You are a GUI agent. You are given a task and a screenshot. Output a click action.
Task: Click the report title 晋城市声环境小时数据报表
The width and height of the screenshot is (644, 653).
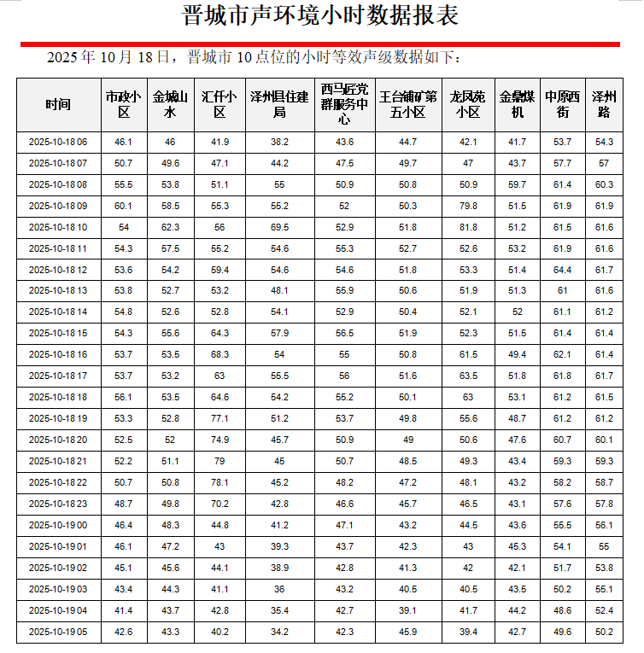click(x=321, y=16)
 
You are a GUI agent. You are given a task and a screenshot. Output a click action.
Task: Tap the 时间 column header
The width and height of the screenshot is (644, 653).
click(x=59, y=104)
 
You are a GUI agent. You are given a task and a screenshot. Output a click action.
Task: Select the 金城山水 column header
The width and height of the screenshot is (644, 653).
click(x=170, y=104)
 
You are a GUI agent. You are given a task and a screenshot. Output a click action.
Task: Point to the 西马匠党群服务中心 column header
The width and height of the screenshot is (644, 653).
click(x=344, y=104)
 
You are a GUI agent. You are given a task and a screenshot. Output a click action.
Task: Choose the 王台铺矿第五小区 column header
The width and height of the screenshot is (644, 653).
click(x=408, y=104)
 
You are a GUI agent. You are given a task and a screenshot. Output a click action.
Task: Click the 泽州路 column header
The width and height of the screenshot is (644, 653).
click(x=604, y=104)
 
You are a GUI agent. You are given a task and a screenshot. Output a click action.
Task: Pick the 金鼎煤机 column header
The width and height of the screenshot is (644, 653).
click(x=517, y=104)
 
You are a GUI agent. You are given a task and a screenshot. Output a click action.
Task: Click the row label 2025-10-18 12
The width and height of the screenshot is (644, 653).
click(x=59, y=270)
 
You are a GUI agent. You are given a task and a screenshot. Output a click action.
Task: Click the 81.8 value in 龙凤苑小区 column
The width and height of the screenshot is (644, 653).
click(x=468, y=227)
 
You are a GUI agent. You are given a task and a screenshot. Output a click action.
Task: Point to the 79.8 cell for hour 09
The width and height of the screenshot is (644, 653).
click(x=468, y=206)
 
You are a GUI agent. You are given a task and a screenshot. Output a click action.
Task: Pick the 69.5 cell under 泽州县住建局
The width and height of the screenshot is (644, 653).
click(x=279, y=227)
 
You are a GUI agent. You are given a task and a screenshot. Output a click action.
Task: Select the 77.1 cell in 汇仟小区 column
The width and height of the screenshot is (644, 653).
click(x=220, y=419)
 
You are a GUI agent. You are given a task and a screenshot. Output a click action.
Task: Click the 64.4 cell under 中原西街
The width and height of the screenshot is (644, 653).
click(x=563, y=270)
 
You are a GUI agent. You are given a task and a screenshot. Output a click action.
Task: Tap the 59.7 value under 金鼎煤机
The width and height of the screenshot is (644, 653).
click(x=517, y=184)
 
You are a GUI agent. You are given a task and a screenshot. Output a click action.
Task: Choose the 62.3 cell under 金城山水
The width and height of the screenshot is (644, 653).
click(x=170, y=227)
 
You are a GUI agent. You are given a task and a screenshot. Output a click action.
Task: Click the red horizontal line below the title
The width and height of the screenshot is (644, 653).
click(x=321, y=44)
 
